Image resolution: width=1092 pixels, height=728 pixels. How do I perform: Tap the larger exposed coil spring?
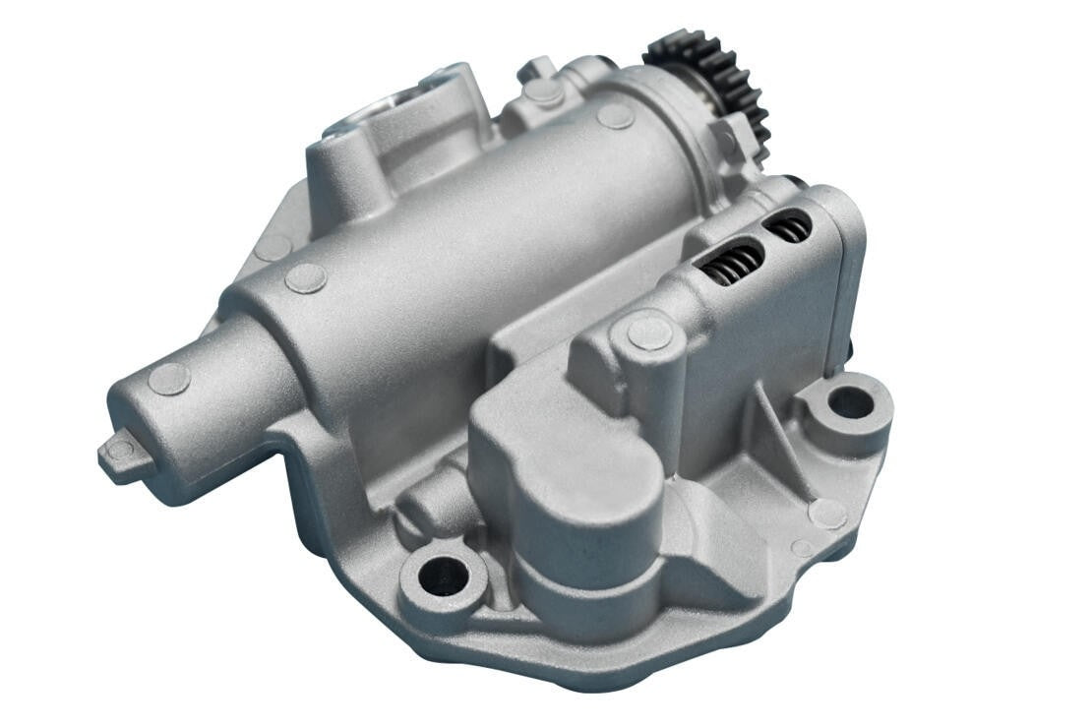pyautogui.click(x=733, y=263)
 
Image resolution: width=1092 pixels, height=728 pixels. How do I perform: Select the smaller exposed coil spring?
pyautogui.click(x=789, y=228)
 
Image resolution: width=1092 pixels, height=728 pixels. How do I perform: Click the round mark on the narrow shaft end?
pyautogui.click(x=168, y=379)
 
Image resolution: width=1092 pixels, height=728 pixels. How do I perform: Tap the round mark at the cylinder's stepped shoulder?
pyautogui.click(x=306, y=278)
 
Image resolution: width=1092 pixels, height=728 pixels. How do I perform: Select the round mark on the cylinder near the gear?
pyautogui.click(x=615, y=116)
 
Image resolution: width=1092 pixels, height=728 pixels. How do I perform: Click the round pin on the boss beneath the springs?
pyautogui.click(x=649, y=333)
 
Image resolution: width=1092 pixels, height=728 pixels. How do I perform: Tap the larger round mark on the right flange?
pyautogui.click(x=826, y=513)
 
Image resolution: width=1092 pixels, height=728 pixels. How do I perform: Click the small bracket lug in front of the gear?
pyautogui.click(x=726, y=138)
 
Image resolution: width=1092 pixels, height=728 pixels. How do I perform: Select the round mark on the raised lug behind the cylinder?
pyautogui.click(x=543, y=91)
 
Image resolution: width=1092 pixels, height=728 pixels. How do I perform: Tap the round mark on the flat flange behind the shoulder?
pyautogui.click(x=272, y=247)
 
